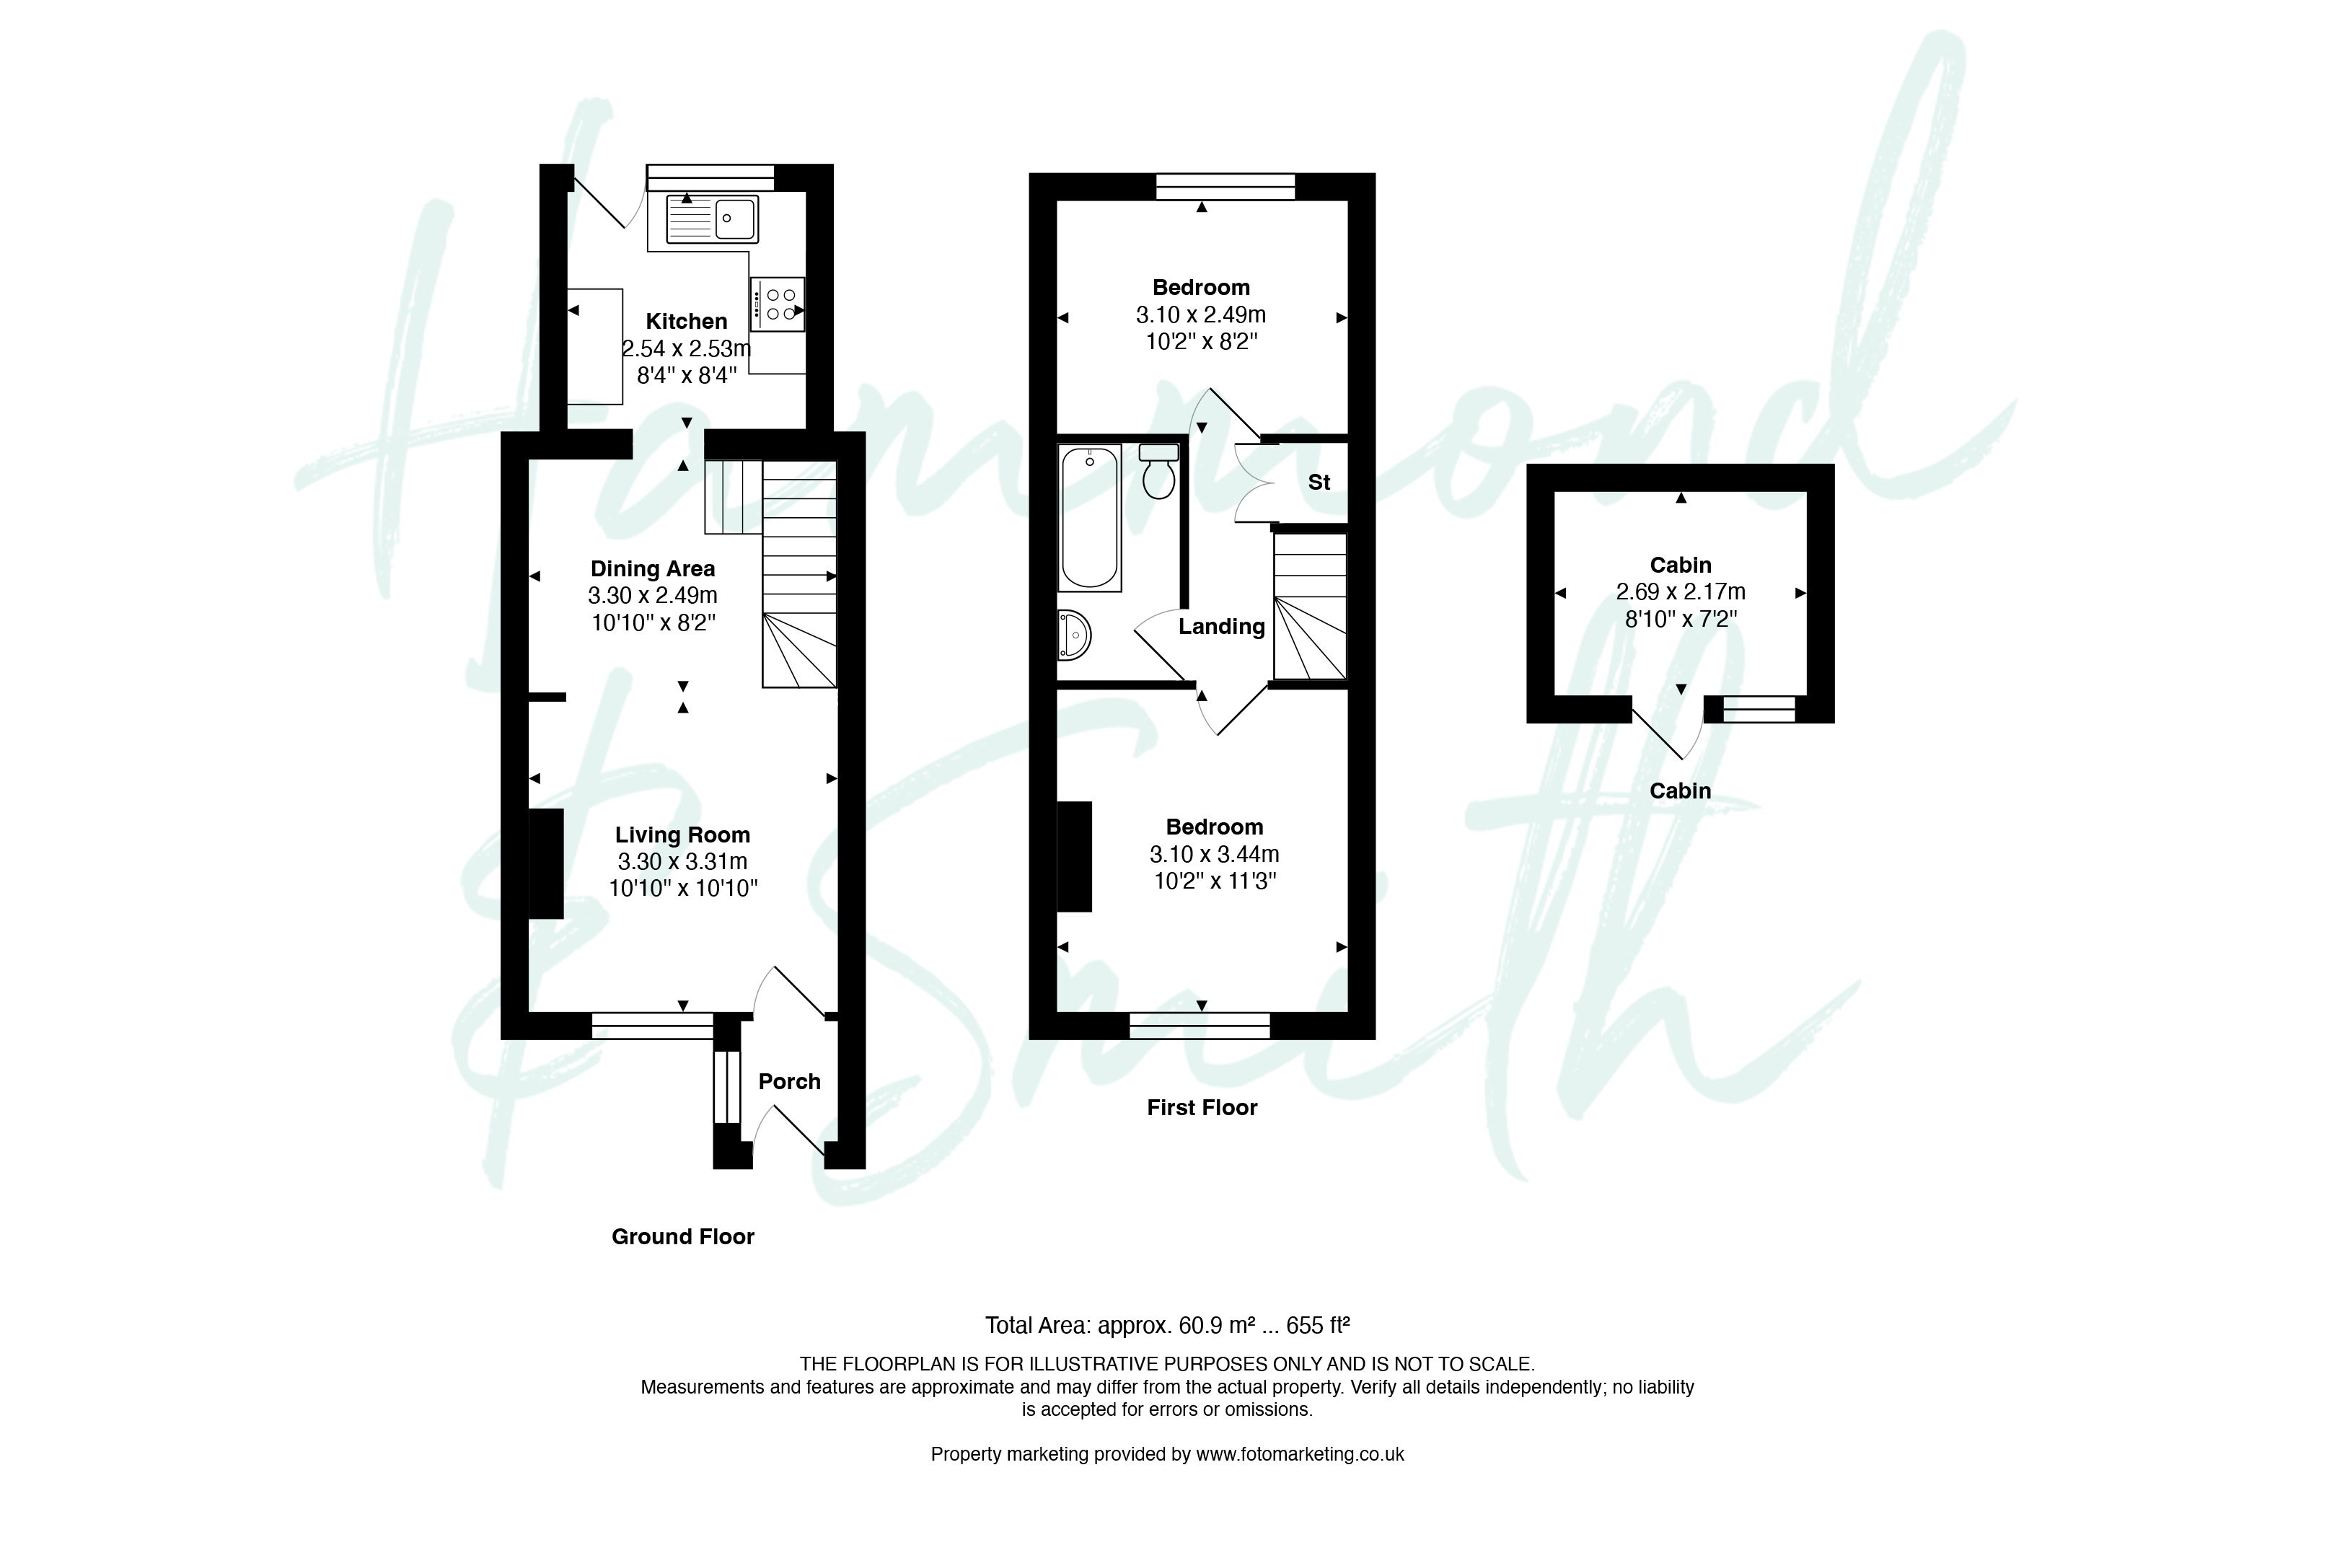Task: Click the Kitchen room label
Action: point(687,321)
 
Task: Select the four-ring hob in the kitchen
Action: point(777,303)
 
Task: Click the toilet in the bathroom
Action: point(1158,471)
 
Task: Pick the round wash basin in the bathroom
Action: point(1073,635)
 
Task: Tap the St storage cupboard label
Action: point(1319,482)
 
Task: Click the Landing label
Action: point(1221,627)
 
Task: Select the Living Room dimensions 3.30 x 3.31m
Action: point(682,861)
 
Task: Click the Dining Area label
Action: point(653,568)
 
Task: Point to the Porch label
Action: point(789,1081)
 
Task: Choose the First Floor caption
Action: point(1202,1107)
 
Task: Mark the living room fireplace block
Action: point(545,863)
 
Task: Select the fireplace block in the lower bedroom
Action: point(1074,856)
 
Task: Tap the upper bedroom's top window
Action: point(1225,187)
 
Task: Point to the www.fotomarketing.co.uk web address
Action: point(1300,1453)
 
